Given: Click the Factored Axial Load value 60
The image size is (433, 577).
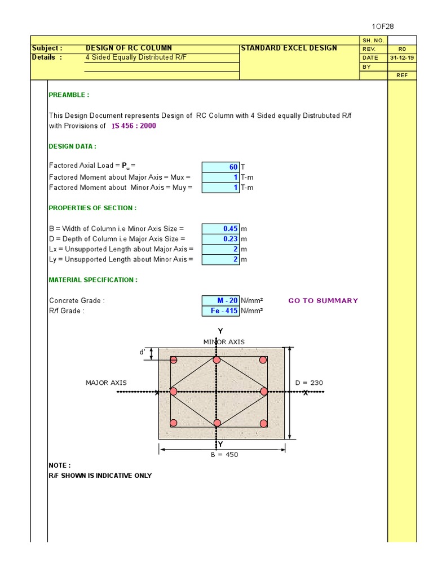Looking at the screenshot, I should click(220, 167).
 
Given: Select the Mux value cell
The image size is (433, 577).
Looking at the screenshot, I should click(220, 177).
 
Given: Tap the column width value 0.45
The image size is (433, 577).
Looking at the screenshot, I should click(220, 229).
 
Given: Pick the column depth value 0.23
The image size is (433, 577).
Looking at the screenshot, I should click(220, 239).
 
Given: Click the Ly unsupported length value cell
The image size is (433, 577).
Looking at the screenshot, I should click(220, 259).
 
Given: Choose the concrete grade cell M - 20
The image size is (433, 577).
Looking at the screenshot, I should click(220, 301).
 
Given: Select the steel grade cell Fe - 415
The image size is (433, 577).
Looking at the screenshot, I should click(220, 311).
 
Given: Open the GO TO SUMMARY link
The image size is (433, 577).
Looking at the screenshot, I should click(323, 301).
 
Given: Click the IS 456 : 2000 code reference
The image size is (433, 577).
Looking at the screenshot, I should click(134, 126).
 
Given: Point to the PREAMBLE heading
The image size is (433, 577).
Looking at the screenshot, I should click(69, 95).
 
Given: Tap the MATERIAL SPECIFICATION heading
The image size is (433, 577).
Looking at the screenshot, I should click(93, 280).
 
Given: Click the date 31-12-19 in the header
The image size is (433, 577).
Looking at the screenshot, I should click(402, 58).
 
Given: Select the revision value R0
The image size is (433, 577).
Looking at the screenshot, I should click(402, 49).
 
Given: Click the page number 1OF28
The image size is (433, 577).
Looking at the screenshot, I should click(386, 26).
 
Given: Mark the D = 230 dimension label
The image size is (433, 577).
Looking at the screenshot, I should click(309, 383).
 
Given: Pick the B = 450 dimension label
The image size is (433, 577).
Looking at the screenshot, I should click(224, 455).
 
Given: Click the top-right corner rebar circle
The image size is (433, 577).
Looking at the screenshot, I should click(263, 360).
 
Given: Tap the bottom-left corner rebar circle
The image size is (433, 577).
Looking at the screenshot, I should click(174, 423).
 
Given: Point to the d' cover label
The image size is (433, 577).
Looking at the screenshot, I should click(143, 352).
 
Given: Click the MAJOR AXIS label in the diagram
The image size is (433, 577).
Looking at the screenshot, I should click(106, 383).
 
